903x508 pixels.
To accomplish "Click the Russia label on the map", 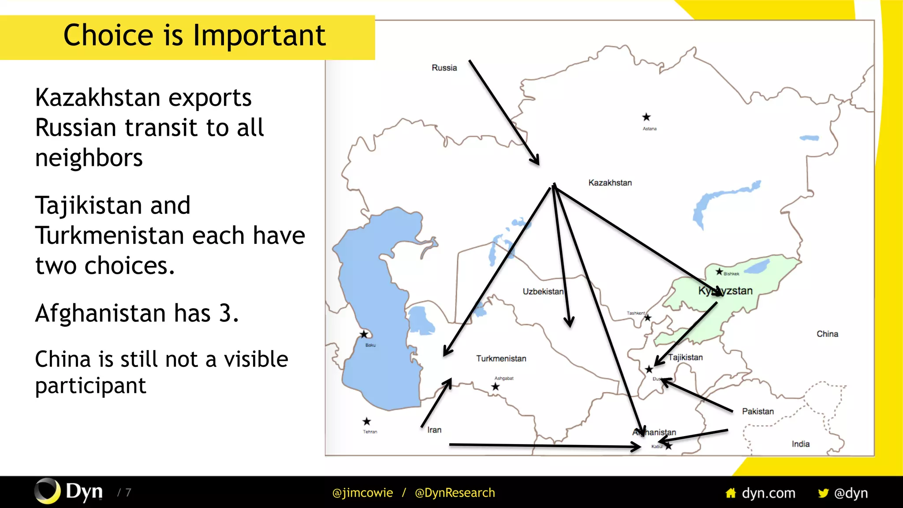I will (444, 67).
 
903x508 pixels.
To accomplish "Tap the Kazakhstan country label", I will (610, 183).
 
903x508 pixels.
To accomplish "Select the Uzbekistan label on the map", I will (543, 291).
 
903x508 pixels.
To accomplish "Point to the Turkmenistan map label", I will (501, 359).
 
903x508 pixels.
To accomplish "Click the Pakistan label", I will (757, 411).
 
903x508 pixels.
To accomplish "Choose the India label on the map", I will (800, 444).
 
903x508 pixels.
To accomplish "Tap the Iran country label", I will (434, 430).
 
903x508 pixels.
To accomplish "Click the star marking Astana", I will (646, 117).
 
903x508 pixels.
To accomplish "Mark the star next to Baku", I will (364, 334).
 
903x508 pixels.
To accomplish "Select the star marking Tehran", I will (366, 422).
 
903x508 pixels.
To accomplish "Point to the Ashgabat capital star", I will (496, 387).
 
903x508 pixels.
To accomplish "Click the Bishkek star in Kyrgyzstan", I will (719, 272).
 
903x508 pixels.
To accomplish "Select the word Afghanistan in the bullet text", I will (101, 313).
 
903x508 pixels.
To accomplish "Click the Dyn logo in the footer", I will (69, 491).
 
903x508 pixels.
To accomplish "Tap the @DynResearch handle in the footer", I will (455, 493).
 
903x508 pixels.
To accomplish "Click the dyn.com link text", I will (768, 493).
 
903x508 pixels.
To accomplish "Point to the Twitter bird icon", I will (823, 493).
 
